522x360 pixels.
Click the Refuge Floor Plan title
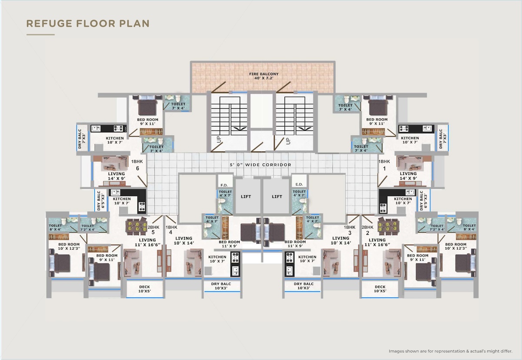tap(88, 23)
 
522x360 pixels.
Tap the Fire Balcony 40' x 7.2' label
tap(264, 76)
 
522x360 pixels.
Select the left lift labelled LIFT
tap(246, 197)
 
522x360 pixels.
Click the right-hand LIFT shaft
tap(277, 197)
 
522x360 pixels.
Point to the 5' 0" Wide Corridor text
tap(261, 165)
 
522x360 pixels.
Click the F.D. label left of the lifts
tap(224, 185)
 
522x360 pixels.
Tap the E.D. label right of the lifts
tap(299, 184)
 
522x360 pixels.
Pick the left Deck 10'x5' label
tap(145, 289)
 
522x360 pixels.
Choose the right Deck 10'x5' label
tap(380, 289)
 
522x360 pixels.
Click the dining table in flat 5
tap(136, 226)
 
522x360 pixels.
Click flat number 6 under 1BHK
tap(137, 168)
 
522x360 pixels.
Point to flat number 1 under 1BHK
tap(384, 168)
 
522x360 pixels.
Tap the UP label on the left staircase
tap(218, 139)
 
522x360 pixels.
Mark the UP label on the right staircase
tap(288, 141)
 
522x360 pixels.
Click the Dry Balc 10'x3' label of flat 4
tap(221, 286)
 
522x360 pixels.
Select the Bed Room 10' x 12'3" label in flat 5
tap(69, 247)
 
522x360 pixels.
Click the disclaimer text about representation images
tap(451, 351)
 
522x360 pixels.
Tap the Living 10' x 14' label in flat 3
tap(341, 240)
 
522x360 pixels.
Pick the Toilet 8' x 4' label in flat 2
tap(469, 227)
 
